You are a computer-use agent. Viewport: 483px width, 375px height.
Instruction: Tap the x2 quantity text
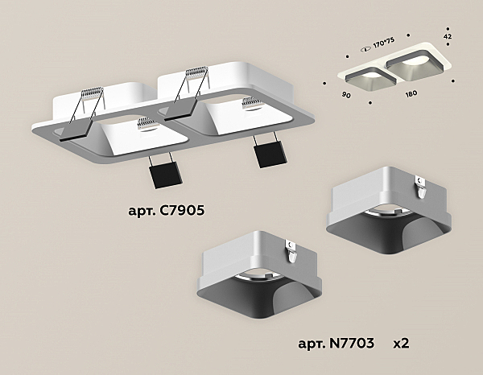(x=401, y=344)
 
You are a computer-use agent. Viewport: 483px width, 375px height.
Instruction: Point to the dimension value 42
(x=448, y=36)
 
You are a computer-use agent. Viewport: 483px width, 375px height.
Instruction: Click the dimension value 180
(x=411, y=93)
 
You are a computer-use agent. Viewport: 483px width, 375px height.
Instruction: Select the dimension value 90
(x=346, y=95)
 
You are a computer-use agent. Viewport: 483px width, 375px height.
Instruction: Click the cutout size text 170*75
(x=383, y=43)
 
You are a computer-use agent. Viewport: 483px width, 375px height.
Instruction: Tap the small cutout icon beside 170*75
(x=366, y=49)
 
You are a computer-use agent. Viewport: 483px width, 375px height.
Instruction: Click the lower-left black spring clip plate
(x=166, y=175)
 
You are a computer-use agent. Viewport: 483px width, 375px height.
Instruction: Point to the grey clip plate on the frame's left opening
(x=76, y=130)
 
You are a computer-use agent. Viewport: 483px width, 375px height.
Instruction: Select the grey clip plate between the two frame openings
(x=180, y=110)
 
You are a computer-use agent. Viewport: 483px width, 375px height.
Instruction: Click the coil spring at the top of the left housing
(x=92, y=93)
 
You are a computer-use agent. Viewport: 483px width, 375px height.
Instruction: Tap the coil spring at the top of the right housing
(x=196, y=72)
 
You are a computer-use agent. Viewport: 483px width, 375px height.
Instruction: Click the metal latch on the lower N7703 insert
(x=291, y=251)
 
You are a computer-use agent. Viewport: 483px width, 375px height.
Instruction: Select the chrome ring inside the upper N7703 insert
(x=389, y=212)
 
